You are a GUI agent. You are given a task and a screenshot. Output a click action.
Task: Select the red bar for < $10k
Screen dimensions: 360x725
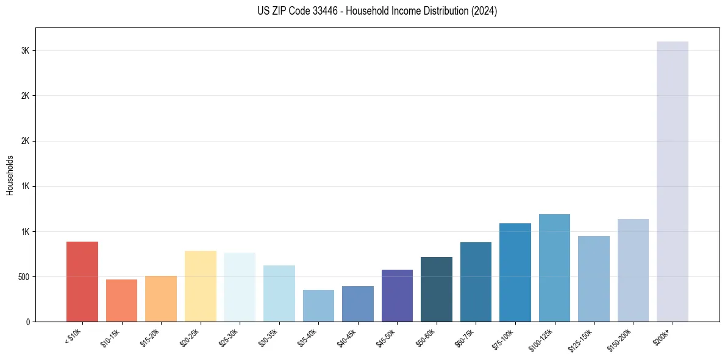(82, 281)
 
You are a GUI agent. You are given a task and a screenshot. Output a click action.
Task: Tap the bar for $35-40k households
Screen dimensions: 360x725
(318, 305)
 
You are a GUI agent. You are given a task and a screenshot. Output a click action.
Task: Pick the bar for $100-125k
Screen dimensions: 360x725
(554, 268)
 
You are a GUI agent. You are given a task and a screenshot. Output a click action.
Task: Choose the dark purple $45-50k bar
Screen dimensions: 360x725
(397, 295)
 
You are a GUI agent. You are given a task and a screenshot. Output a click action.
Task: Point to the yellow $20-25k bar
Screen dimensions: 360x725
(200, 286)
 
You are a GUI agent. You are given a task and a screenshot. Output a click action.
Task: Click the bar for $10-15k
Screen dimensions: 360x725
(121, 300)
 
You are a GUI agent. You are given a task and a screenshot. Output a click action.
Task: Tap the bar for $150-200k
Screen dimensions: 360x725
(633, 270)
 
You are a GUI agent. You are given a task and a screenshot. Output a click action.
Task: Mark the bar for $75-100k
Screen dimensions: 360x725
(515, 272)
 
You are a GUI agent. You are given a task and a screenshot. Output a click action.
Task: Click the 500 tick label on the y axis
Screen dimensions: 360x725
(24, 277)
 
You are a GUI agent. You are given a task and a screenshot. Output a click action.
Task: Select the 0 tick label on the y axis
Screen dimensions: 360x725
(28, 322)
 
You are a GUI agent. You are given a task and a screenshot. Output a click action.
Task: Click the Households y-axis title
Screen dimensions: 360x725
(10, 175)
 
